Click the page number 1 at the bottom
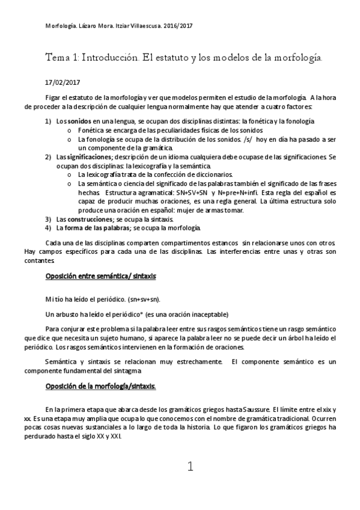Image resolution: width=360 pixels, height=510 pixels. click(191, 466)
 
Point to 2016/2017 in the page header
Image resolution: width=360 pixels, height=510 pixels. click(178, 26)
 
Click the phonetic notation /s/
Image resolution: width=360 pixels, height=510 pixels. click(244, 139)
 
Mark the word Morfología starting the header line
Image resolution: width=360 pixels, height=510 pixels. click(59, 26)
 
